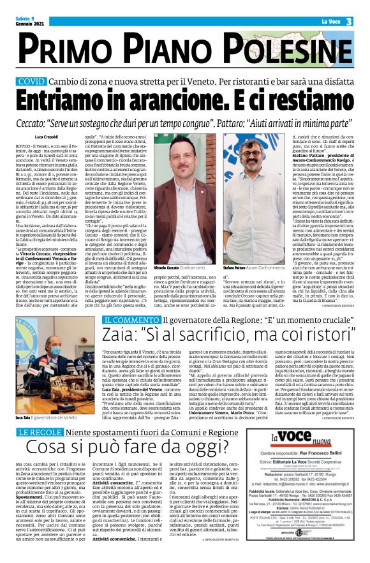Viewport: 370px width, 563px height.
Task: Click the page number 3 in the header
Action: pos(350,21)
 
